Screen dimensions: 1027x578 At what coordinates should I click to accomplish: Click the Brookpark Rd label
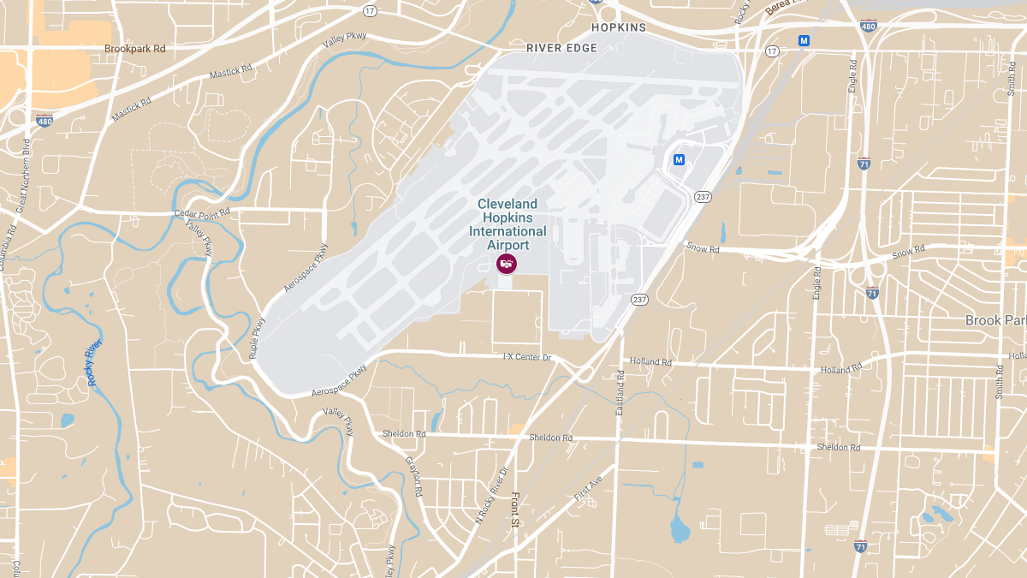(134, 49)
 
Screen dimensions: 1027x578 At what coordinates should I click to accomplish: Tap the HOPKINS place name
(619, 27)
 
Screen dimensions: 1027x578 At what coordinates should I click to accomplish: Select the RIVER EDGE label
(561, 48)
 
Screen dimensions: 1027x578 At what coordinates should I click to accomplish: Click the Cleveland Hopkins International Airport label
(508, 224)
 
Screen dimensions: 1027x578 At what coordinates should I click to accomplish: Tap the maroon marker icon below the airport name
(507, 264)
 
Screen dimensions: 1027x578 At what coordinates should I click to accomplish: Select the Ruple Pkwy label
(256, 338)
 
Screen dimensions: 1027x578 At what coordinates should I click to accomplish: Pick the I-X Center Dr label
(527, 356)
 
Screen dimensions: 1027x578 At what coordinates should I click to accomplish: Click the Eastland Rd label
(620, 393)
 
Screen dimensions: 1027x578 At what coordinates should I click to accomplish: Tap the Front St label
(515, 511)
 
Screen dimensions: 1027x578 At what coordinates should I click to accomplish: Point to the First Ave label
(589, 489)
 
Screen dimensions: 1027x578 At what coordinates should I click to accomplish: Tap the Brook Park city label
(994, 320)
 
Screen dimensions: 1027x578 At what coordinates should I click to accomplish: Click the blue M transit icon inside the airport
(679, 159)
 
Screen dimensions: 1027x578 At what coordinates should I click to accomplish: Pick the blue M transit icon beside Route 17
(804, 40)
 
